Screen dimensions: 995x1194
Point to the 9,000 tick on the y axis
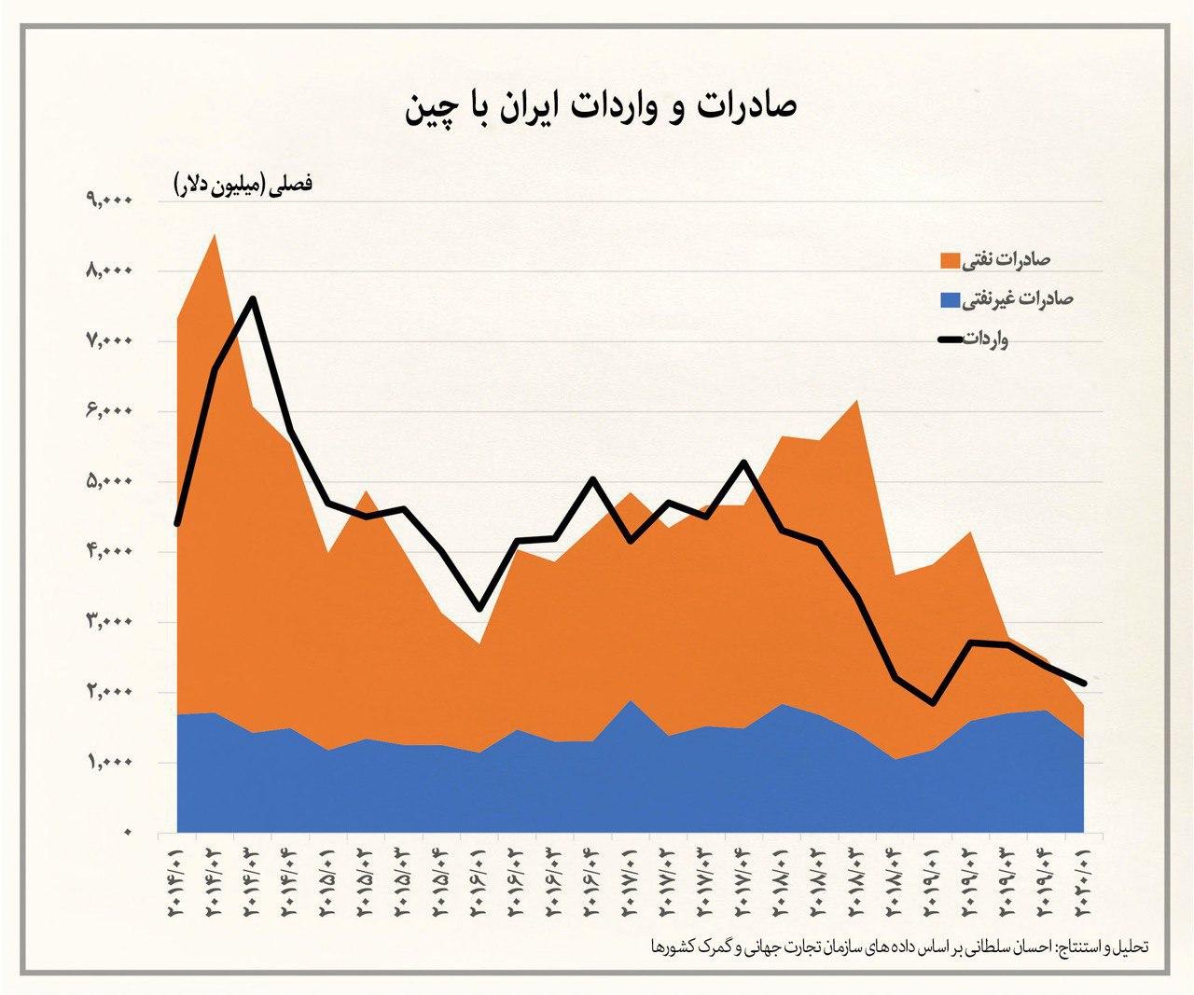110,200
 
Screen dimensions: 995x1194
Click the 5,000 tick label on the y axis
110,481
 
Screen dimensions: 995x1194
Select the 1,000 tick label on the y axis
110,763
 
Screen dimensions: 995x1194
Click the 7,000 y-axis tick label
110,340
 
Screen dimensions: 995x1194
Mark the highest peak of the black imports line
253,299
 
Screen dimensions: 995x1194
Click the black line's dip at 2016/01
479,609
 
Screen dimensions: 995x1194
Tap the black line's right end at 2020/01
1084,683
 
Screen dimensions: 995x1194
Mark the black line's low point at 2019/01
933,703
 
